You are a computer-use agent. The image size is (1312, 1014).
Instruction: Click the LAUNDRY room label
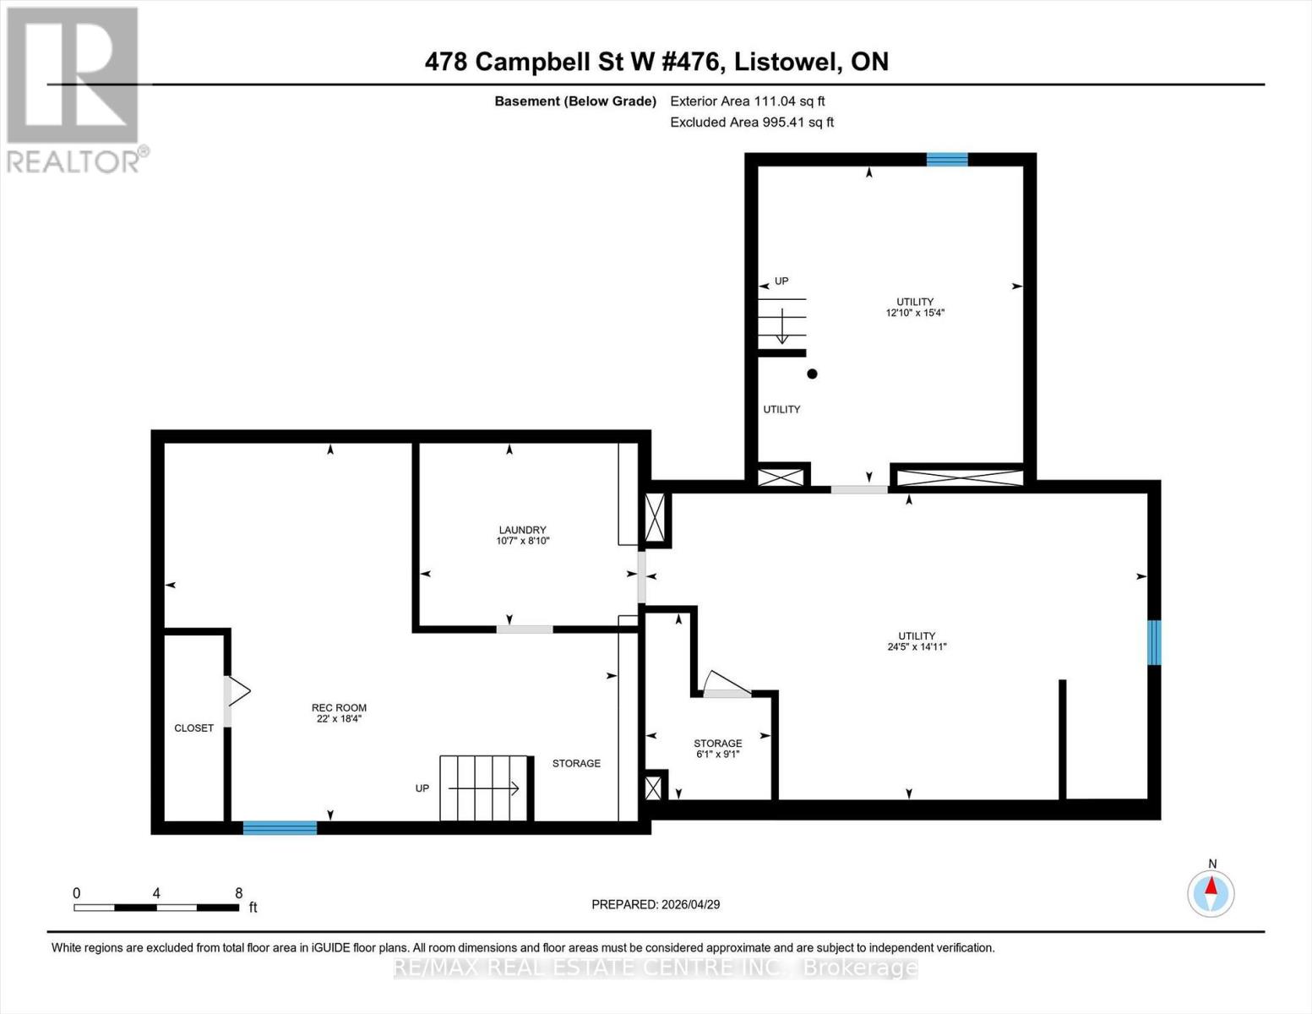coord(522,530)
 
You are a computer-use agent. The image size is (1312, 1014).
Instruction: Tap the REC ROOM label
coord(339,708)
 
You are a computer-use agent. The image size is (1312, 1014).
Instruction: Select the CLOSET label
coord(193,728)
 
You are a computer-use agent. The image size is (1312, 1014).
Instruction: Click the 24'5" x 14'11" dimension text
coord(916,647)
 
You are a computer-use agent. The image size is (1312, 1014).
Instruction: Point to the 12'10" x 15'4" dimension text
coord(914,313)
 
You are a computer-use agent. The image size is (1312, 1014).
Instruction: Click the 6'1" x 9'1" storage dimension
coord(717,755)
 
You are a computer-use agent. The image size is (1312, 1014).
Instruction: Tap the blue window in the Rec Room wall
coord(280,828)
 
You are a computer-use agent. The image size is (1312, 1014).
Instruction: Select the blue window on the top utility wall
coord(946,159)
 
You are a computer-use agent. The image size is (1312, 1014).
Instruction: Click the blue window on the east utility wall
coord(1154,642)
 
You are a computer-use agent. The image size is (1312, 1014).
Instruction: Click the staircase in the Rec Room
coord(484,788)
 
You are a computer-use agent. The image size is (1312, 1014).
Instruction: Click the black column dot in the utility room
coord(812,373)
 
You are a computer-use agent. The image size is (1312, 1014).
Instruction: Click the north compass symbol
coord(1211,892)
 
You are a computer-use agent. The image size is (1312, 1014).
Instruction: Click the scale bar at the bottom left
coord(155,908)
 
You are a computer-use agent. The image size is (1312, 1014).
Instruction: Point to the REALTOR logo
coord(74,89)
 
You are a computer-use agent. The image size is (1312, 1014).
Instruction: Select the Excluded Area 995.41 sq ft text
coord(751,123)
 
